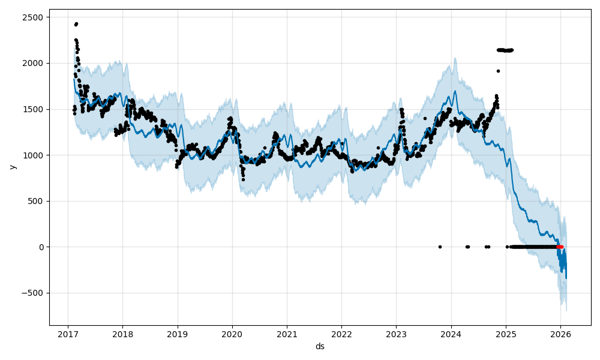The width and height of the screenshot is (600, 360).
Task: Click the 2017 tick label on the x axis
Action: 68,334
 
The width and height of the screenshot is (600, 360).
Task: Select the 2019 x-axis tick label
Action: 177,334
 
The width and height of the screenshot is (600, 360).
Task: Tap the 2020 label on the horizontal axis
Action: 232,334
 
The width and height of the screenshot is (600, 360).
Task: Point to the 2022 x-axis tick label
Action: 341,334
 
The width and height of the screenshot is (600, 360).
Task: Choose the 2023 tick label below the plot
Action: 396,334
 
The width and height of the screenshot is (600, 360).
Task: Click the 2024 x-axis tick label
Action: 451,334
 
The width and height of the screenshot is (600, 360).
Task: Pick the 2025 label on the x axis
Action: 506,334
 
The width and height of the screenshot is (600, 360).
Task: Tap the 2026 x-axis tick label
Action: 560,334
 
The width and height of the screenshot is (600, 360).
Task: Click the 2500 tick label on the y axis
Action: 33,17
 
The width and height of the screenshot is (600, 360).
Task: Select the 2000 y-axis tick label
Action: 33,63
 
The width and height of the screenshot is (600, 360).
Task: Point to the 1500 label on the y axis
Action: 33,109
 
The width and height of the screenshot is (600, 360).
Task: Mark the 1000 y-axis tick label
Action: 33,155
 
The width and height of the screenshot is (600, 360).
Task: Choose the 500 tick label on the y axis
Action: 35,201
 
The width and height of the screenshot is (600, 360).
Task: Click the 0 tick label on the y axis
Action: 40,247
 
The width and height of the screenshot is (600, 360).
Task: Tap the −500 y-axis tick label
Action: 31,293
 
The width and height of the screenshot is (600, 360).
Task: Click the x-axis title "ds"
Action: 320,347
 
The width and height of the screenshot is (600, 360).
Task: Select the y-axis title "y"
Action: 11,167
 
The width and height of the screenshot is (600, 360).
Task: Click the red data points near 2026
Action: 559,247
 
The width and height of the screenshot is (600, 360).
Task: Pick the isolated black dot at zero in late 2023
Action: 440,247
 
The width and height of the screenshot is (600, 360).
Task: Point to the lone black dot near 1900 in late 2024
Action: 498,71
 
